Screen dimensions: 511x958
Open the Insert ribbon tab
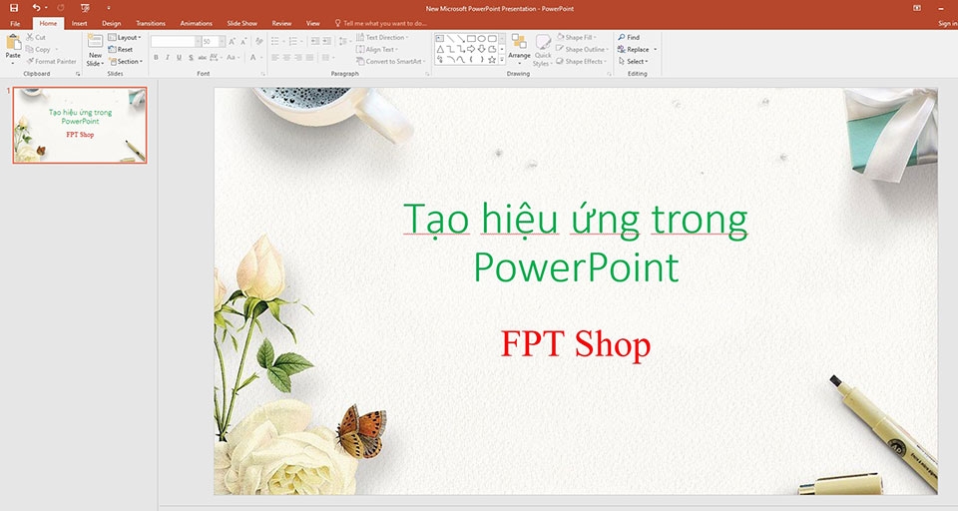[80, 23]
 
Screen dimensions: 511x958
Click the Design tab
[112, 23]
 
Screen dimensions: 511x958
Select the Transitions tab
[151, 23]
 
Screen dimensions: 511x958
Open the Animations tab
[197, 23]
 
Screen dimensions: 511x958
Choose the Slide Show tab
[242, 23]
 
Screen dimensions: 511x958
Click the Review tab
[281, 23]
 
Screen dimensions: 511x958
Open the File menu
[15, 23]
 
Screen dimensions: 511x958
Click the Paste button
[13, 48]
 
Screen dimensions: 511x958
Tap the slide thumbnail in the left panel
[80, 125]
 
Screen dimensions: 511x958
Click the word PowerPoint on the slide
[576, 267]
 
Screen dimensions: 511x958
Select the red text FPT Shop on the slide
[576, 344]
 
